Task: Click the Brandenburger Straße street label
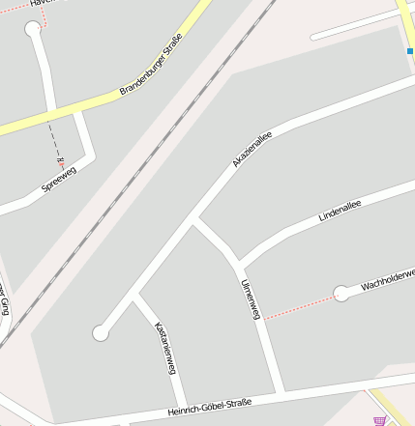(151, 65)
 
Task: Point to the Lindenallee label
(340, 211)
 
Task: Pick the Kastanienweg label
(164, 348)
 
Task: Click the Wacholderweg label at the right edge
(388, 280)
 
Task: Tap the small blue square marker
(410, 50)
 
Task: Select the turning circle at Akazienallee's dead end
(101, 333)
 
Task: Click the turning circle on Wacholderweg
(341, 294)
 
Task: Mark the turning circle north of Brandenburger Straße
(33, 29)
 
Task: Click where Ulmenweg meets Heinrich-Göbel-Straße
(280, 392)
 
